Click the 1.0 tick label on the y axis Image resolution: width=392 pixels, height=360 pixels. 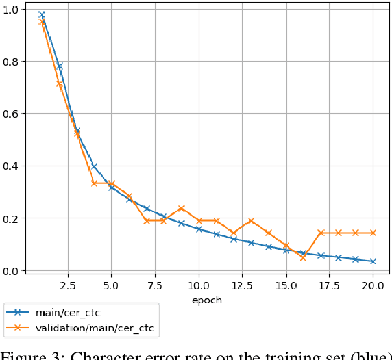click(11, 9)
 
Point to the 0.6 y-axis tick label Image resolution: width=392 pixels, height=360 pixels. click(11, 114)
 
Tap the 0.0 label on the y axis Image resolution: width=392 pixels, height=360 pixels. click(11, 270)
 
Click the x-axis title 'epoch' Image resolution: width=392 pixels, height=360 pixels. click(207, 300)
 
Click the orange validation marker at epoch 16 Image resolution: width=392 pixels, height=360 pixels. click(302, 257)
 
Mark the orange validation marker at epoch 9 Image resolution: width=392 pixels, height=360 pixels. click(181, 209)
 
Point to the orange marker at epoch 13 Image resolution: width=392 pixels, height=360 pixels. click(251, 221)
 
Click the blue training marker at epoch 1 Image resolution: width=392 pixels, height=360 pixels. click(42, 14)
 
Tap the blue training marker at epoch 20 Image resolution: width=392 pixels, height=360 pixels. click(373, 261)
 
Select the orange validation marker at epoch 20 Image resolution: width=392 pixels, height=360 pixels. click(373, 233)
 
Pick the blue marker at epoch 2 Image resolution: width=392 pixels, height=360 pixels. click(59, 66)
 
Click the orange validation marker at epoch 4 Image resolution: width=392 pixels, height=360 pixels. click(94, 183)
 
